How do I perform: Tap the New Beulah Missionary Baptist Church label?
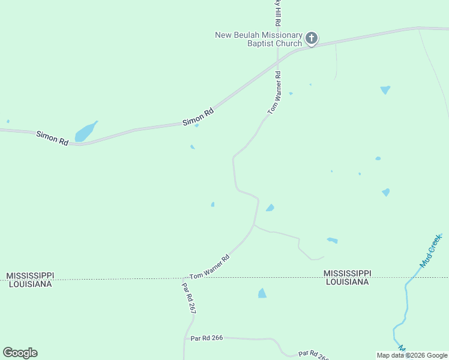tap(258, 39)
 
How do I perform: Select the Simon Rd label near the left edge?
tap(52, 137)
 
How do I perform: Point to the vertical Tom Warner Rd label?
tap(274, 93)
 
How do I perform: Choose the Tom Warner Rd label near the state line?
tap(209, 268)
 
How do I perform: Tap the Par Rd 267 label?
tap(189, 298)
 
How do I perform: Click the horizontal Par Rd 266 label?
tap(207, 338)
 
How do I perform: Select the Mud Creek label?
tap(430, 250)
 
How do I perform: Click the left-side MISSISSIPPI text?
tap(31, 275)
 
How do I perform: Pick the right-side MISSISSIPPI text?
tap(346, 273)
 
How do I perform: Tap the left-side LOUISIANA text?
tap(31, 284)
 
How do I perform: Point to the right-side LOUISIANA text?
tap(346, 281)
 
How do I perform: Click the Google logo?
tap(20, 353)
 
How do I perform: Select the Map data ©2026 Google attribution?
tap(412, 355)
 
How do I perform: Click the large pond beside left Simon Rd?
tap(85, 133)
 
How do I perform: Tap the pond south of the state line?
tap(262, 293)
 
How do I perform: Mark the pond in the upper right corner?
tap(385, 90)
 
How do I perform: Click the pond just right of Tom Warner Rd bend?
tap(270, 208)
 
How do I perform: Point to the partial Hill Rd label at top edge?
tap(277, 12)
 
